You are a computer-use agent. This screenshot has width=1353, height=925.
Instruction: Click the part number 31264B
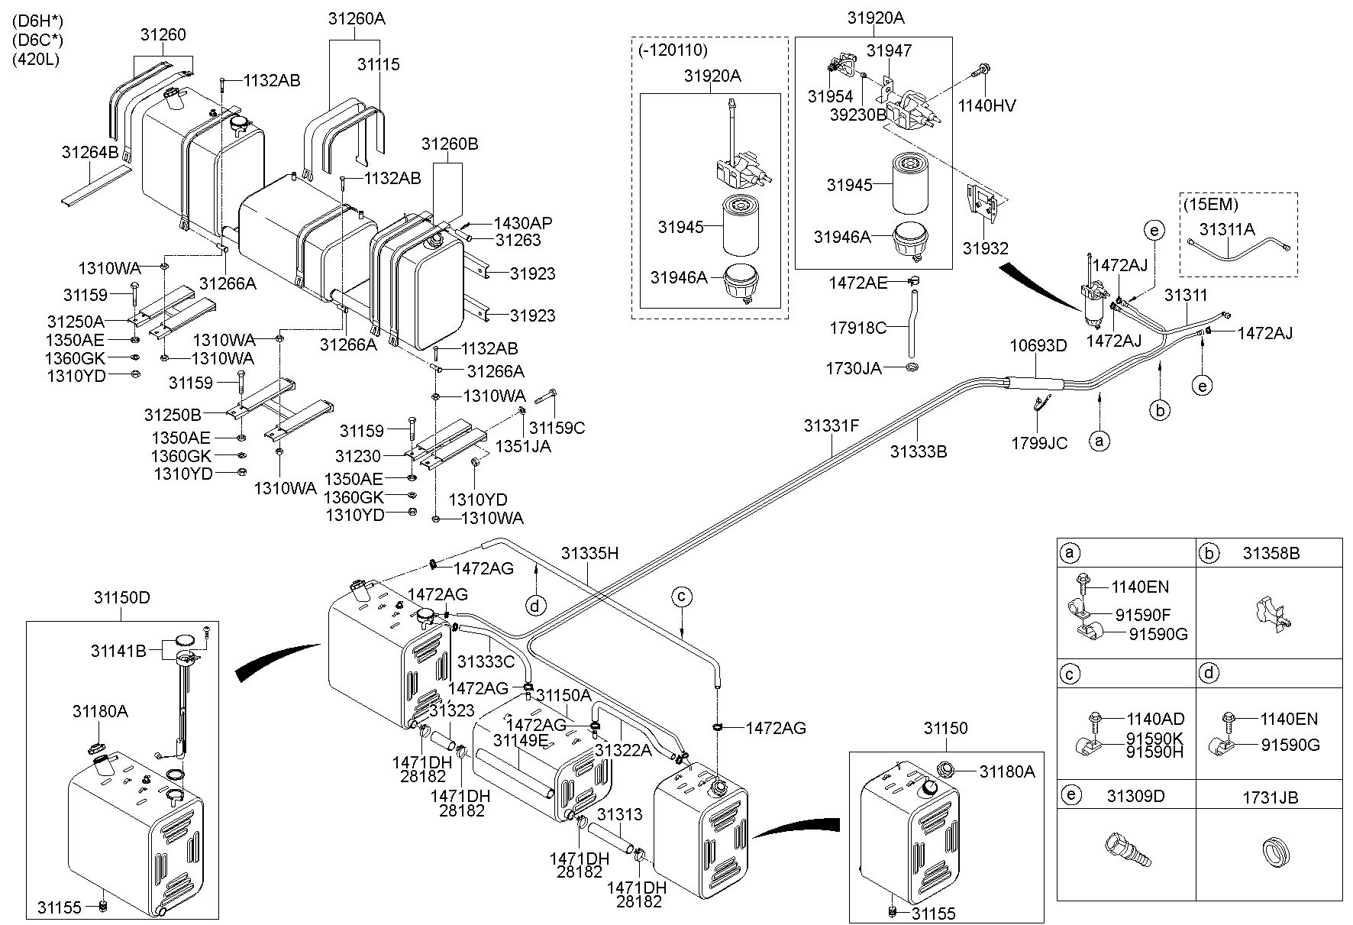[x=89, y=152]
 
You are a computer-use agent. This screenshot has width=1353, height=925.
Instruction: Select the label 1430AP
[x=522, y=223]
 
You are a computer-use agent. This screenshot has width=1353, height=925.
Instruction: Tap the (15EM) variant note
[x=1210, y=205]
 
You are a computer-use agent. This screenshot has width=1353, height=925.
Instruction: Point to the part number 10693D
[x=1038, y=345]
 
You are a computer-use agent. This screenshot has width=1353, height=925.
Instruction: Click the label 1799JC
[x=1039, y=443]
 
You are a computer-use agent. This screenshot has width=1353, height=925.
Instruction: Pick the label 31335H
[x=589, y=553]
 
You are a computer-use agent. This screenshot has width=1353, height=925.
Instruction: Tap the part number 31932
[x=985, y=248]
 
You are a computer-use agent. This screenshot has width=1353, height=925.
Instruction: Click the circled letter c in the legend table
[x=1070, y=674]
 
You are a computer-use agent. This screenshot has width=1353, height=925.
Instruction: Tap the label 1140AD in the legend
[x=1155, y=719]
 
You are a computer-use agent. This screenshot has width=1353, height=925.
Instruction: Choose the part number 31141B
[x=118, y=651]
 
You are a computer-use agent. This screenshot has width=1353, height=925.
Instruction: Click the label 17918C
[x=858, y=328]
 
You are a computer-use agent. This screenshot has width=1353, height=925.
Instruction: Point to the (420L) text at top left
[x=36, y=58]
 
